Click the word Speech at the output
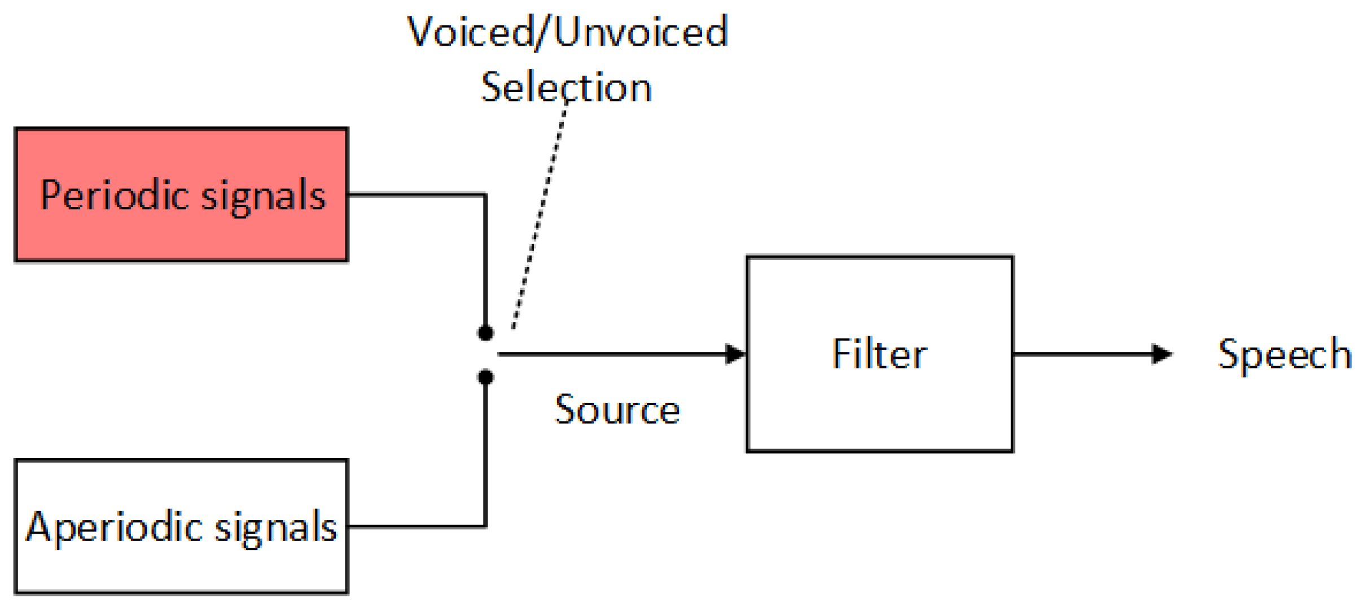(x=1284, y=354)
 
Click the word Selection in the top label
(x=566, y=87)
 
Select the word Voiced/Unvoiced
(x=567, y=32)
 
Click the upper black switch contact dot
(x=485, y=333)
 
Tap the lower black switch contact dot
(x=485, y=376)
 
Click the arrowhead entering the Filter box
(x=735, y=354)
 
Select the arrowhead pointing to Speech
(x=1162, y=354)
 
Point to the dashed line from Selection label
(x=539, y=214)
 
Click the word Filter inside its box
(x=879, y=354)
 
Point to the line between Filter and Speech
(x=1081, y=354)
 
